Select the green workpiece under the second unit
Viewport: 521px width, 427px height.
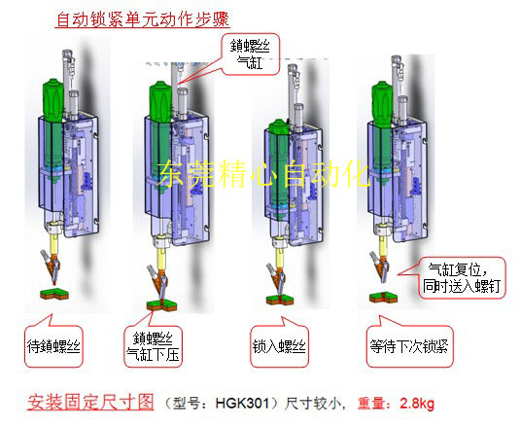click(159, 306)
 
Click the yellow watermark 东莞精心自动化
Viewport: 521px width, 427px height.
click(262, 175)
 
